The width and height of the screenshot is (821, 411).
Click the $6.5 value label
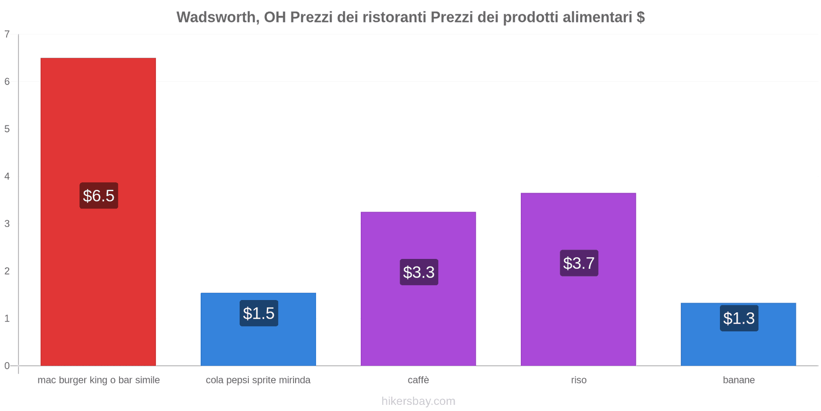point(99,196)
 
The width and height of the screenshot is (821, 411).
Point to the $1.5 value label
point(259,313)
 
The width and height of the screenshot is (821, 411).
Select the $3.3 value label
point(419,272)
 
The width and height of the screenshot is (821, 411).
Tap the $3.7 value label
point(579,263)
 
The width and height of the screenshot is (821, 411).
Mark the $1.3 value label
point(739,319)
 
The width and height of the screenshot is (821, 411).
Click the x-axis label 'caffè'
point(418,380)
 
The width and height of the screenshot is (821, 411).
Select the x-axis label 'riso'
point(578,380)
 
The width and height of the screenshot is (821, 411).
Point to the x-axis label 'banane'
point(738,380)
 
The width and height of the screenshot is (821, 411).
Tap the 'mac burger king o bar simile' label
point(99,380)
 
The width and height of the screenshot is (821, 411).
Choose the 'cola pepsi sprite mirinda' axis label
point(258,380)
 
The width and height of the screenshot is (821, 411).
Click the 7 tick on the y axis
point(7,34)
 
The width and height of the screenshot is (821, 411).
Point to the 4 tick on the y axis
point(7,176)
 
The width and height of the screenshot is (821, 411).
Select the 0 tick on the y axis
point(7,366)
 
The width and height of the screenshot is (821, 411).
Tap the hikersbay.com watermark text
point(418,401)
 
